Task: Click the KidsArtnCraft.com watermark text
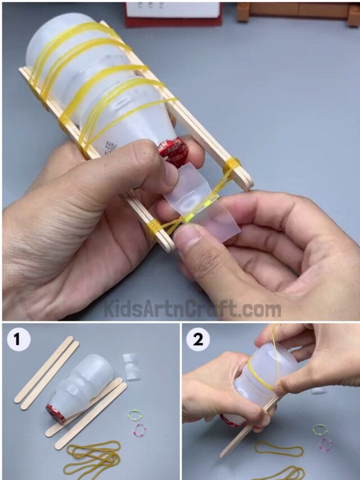(x=192, y=309)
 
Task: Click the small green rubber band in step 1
(x=134, y=415)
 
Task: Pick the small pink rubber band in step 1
(x=139, y=430)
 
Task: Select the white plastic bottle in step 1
(x=84, y=388)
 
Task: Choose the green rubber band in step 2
(x=319, y=430)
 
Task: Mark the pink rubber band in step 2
(x=325, y=444)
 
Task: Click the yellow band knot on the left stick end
(x=154, y=227)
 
